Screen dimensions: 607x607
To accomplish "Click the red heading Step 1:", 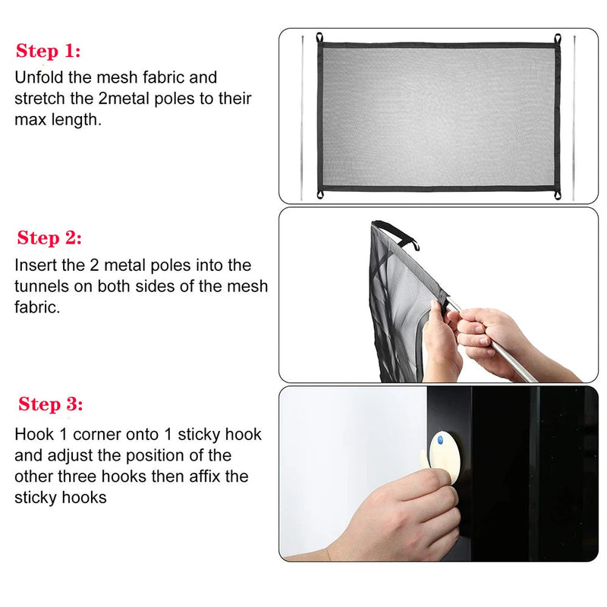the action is [x=49, y=51].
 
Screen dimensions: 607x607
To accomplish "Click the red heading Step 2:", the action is [x=49, y=237].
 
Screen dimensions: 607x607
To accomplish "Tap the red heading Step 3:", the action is [x=51, y=404].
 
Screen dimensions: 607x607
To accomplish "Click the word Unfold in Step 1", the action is [x=39, y=77].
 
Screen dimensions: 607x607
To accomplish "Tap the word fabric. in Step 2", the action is [x=37, y=307].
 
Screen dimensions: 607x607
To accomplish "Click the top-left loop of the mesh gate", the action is [x=319, y=37].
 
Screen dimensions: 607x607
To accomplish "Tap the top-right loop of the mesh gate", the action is [x=558, y=39].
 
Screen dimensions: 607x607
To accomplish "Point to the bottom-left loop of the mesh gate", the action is [x=320, y=194].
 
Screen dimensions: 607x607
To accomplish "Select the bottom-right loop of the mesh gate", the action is [x=558, y=195].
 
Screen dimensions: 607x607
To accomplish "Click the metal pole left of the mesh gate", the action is [x=302, y=118].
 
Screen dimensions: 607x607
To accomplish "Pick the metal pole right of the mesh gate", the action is [x=574, y=118].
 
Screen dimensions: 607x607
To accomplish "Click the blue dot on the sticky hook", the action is [x=440, y=440].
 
